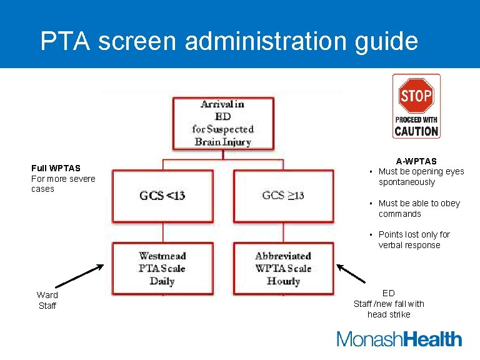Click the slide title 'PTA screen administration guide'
(x=229, y=41)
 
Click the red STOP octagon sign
(x=416, y=96)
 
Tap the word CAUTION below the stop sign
(x=416, y=131)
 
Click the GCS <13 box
(x=162, y=196)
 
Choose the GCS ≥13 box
(x=283, y=196)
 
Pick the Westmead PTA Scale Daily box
(x=162, y=268)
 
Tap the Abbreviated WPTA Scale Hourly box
(x=283, y=268)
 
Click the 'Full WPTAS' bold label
(x=56, y=167)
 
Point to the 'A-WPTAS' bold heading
(x=416, y=161)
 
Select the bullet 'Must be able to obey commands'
(x=419, y=209)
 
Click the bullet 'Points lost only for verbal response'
(x=414, y=240)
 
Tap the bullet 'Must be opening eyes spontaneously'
(x=421, y=177)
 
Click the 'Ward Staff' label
(x=47, y=300)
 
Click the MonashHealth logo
(x=399, y=339)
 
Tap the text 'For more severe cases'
(x=63, y=184)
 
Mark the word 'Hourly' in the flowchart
(x=283, y=281)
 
